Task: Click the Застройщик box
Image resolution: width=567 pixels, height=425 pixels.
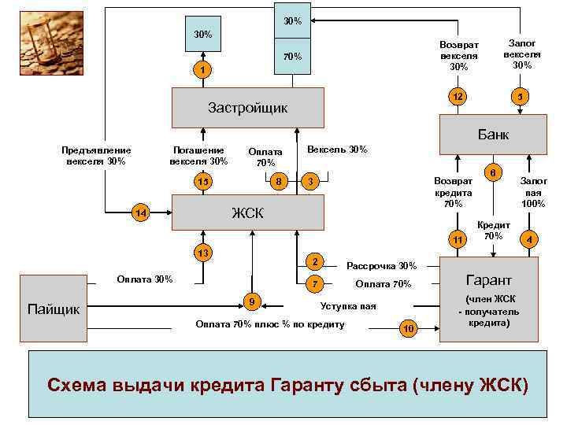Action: coord(247,107)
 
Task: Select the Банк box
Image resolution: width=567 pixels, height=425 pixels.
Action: coord(492,135)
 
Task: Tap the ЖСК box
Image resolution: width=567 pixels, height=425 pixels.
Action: coord(247,213)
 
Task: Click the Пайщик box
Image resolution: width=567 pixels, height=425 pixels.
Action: coord(54,309)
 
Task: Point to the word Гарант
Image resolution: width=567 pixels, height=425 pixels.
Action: coord(488,280)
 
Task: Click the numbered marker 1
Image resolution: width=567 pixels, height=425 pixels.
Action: coord(202,72)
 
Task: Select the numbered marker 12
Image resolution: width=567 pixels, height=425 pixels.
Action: coord(455,97)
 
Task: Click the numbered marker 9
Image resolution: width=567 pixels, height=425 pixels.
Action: coord(251,301)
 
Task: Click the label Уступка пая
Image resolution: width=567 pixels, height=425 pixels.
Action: coord(348,306)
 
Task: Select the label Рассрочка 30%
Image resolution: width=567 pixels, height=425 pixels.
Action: coord(382,266)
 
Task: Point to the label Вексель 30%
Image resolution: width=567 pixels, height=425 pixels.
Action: coord(337,150)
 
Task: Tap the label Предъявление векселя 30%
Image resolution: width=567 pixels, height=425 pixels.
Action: coord(96,155)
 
